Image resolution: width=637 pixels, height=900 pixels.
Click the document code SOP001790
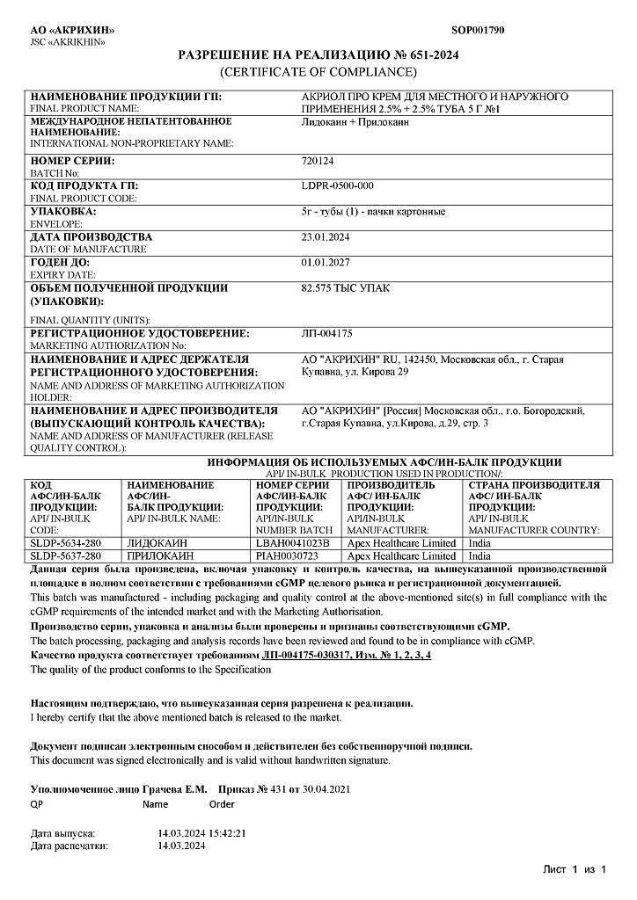478,30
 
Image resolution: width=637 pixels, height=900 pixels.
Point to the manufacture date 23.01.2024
326,236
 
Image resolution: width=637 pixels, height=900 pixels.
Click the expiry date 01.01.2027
326,262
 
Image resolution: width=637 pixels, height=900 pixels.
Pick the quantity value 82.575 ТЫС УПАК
345,287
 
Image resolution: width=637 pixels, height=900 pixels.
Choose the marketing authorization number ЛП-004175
326,334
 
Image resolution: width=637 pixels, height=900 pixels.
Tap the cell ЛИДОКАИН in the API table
157,543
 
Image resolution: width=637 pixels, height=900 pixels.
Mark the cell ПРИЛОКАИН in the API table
162,555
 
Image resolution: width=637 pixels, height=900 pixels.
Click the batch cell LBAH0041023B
291,543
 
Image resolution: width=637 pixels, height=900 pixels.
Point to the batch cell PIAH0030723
286,555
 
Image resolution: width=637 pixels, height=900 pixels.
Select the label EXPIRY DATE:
62,274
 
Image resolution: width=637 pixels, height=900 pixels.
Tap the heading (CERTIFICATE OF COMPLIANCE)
318,71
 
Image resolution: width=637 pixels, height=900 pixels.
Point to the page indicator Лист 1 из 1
575,869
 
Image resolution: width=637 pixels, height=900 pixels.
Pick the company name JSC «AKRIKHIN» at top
68,41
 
